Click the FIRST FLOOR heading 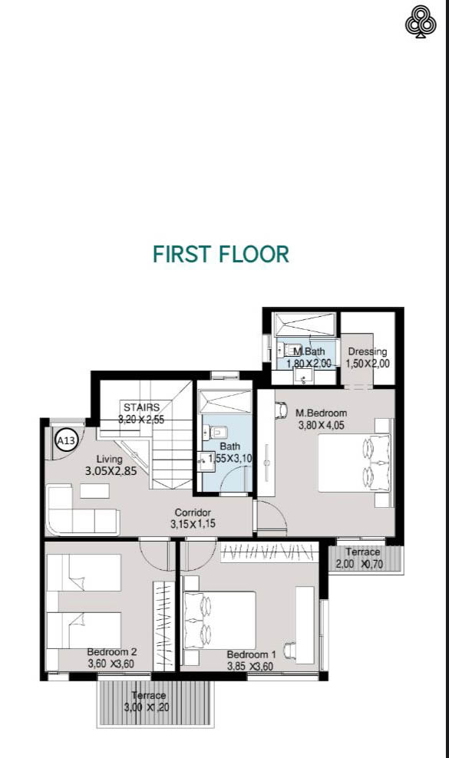coord(221,254)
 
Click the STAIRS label coord(140,407)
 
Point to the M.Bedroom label coord(321,413)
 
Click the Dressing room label coord(367,352)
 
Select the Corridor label coord(193,512)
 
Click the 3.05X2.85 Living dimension coord(111,472)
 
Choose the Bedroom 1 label coord(251,654)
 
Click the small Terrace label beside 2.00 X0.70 coord(362,552)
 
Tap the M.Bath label coord(309,352)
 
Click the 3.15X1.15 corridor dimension coord(193,525)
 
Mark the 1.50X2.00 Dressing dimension coord(368,364)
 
